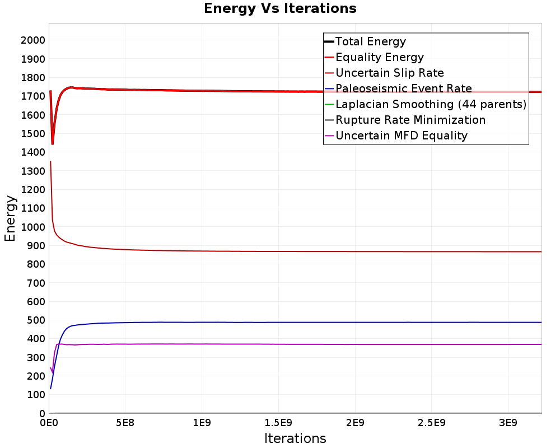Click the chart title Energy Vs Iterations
tap(280, 8)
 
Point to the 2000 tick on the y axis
tap(33, 40)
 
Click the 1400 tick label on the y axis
tap(33, 152)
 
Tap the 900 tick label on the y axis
tap(36, 245)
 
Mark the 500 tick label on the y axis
tap(36, 320)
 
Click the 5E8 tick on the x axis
tap(125, 423)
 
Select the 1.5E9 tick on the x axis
tap(278, 423)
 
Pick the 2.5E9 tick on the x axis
tap(431, 423)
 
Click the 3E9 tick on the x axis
tap(508, 423)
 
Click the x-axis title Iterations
tap(295, 438)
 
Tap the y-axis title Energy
tap(10, 218)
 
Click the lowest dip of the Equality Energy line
tap(53, 144)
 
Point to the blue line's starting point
tap(51, 389)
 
